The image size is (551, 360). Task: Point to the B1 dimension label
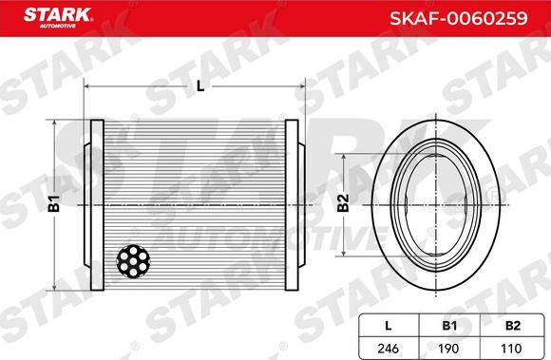pyautogui.click(x=54, y=202)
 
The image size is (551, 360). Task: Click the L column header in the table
pyautogui.click(x=389, y=325)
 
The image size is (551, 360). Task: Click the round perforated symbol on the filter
pyautogui.click(x=131, y=261)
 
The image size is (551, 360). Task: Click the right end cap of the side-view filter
pyautogui.click(x=294, y=204)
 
